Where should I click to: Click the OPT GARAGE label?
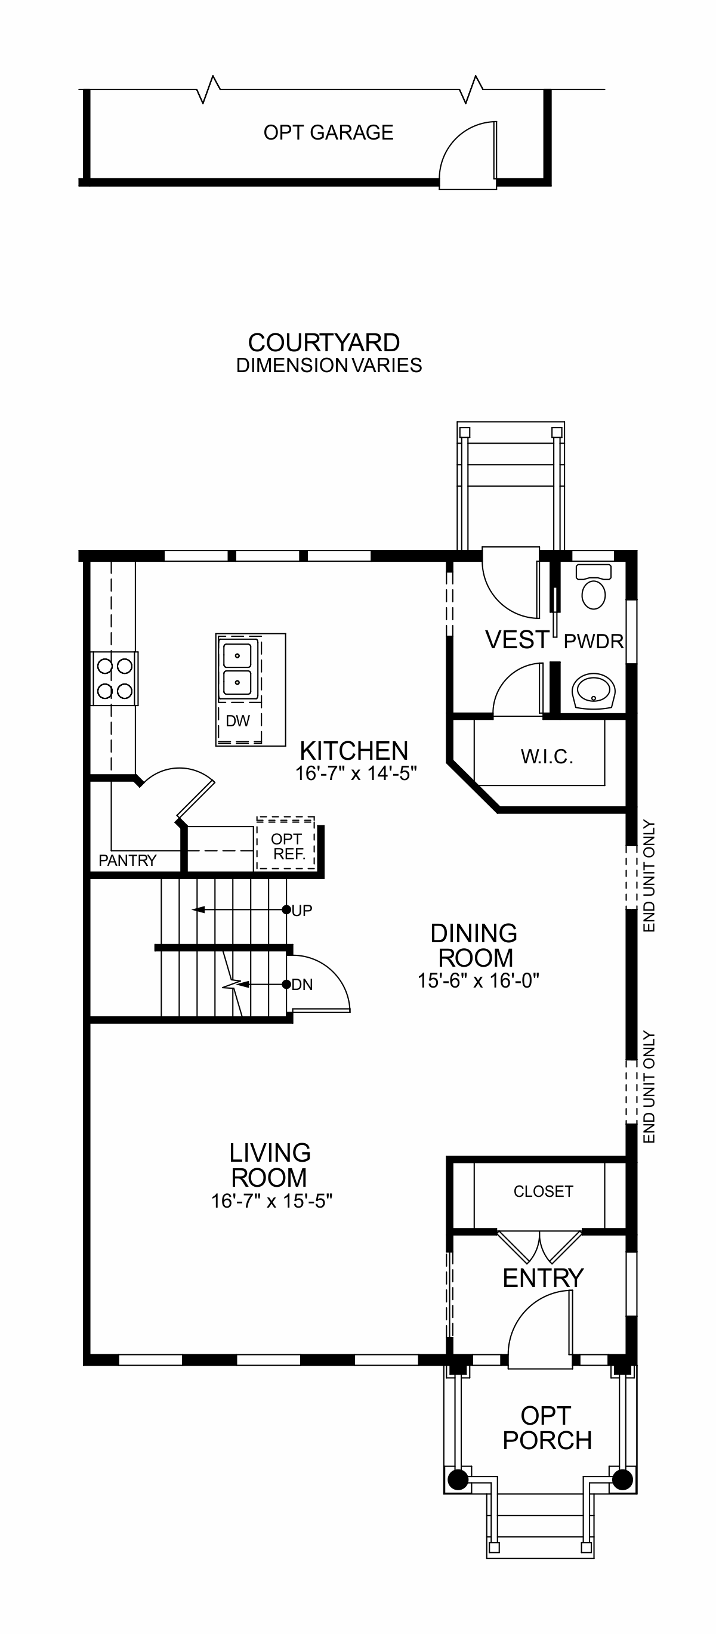[x=328, y=132]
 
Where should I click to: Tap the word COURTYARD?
[x=324, y=342]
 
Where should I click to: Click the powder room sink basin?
[x=594, y=690]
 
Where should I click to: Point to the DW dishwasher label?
[x=238, y=720]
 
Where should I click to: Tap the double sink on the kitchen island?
[x=238, y=669]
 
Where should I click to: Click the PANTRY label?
[x=127, y=860]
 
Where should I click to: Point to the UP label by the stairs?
[x=301, y=910]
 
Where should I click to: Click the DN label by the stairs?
[x=302, y=985]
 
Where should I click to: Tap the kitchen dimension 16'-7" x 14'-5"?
[x=356, y=773]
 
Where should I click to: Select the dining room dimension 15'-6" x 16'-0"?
[x=478, y=980]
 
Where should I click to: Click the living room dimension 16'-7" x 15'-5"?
[x=271, y=1201]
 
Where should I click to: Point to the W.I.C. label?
[x=547, y=757]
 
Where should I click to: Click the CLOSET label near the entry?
[x=544, y=1192]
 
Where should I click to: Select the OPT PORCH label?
[x=547, y=1428]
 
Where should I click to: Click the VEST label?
[x=517, y=639]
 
